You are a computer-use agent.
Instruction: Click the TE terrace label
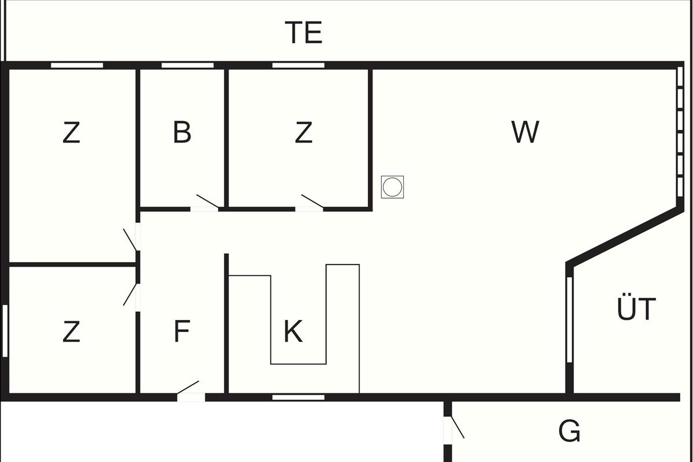tap(303, 33)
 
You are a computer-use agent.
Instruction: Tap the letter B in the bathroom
tap(182, 132)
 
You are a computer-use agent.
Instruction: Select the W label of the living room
tap(525, 132)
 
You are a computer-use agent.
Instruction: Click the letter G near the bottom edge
tap(569, 431)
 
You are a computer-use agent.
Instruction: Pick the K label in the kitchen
tap(293, 331)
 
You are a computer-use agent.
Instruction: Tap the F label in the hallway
tap(182, 331)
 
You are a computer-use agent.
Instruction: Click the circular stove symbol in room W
tap(392, 187)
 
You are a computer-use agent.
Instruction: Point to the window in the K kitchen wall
tap(298, 397)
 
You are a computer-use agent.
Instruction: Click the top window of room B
tap(187, 65)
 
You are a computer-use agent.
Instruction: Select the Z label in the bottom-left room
tap(71, 331)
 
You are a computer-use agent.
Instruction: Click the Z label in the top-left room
tap(71, 133)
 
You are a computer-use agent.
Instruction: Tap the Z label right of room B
tap(303, 133)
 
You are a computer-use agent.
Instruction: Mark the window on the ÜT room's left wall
tap(569, 319)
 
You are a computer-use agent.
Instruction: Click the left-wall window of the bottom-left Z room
tap(5, 331)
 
